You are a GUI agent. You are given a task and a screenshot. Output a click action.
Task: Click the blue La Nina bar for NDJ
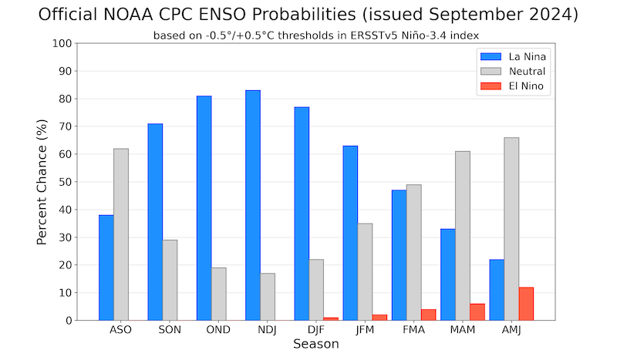click(x=253, y=205)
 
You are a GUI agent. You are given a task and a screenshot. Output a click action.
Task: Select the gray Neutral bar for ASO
click(x=121, y=234)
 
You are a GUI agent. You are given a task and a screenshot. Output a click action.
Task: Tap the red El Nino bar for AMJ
click(x=526, y=304)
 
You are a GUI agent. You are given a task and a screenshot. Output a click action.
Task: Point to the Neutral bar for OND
click(x=218, y=294)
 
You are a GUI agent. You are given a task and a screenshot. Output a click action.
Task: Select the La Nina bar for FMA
click(x=400, y=255)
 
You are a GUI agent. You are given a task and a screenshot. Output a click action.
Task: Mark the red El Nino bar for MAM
click(x=477, y=311)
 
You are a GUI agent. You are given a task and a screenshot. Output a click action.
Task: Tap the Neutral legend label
click(x=528, y=72)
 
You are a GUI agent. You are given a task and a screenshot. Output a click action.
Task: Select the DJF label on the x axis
click(x=316, y=330)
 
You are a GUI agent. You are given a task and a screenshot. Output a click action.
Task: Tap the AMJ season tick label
click(x=511, y=330)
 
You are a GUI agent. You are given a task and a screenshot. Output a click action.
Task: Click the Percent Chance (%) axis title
click(x=43, y=182)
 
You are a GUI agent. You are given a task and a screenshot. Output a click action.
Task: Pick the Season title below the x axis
click(x=316, y=344)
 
